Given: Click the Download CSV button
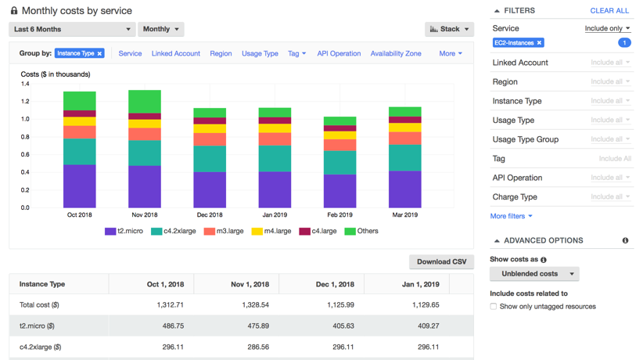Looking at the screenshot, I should coord(441,261).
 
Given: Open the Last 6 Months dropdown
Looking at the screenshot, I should coord(72,29).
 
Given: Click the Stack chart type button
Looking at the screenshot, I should coord(449,29).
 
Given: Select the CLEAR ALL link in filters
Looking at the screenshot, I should coord(609,11).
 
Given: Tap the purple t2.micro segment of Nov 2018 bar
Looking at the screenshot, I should coord(145,186).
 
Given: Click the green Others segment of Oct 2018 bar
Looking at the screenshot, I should coord(80,101).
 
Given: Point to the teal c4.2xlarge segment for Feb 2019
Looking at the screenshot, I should coord(339,162).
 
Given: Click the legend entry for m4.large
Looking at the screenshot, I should coord(271,232).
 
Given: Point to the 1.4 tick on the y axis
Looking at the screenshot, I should coord(25,84).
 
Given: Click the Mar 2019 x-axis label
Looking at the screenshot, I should coord(404,215).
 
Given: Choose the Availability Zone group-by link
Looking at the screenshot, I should coord(396,53).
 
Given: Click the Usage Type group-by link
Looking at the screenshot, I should coord(260,53).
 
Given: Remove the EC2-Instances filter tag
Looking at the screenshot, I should coord(539,43).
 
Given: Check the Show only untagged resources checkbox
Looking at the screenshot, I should coord(494,306).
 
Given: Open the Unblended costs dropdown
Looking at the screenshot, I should coord(534,274).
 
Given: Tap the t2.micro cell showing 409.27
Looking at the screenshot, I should coord(423,326).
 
